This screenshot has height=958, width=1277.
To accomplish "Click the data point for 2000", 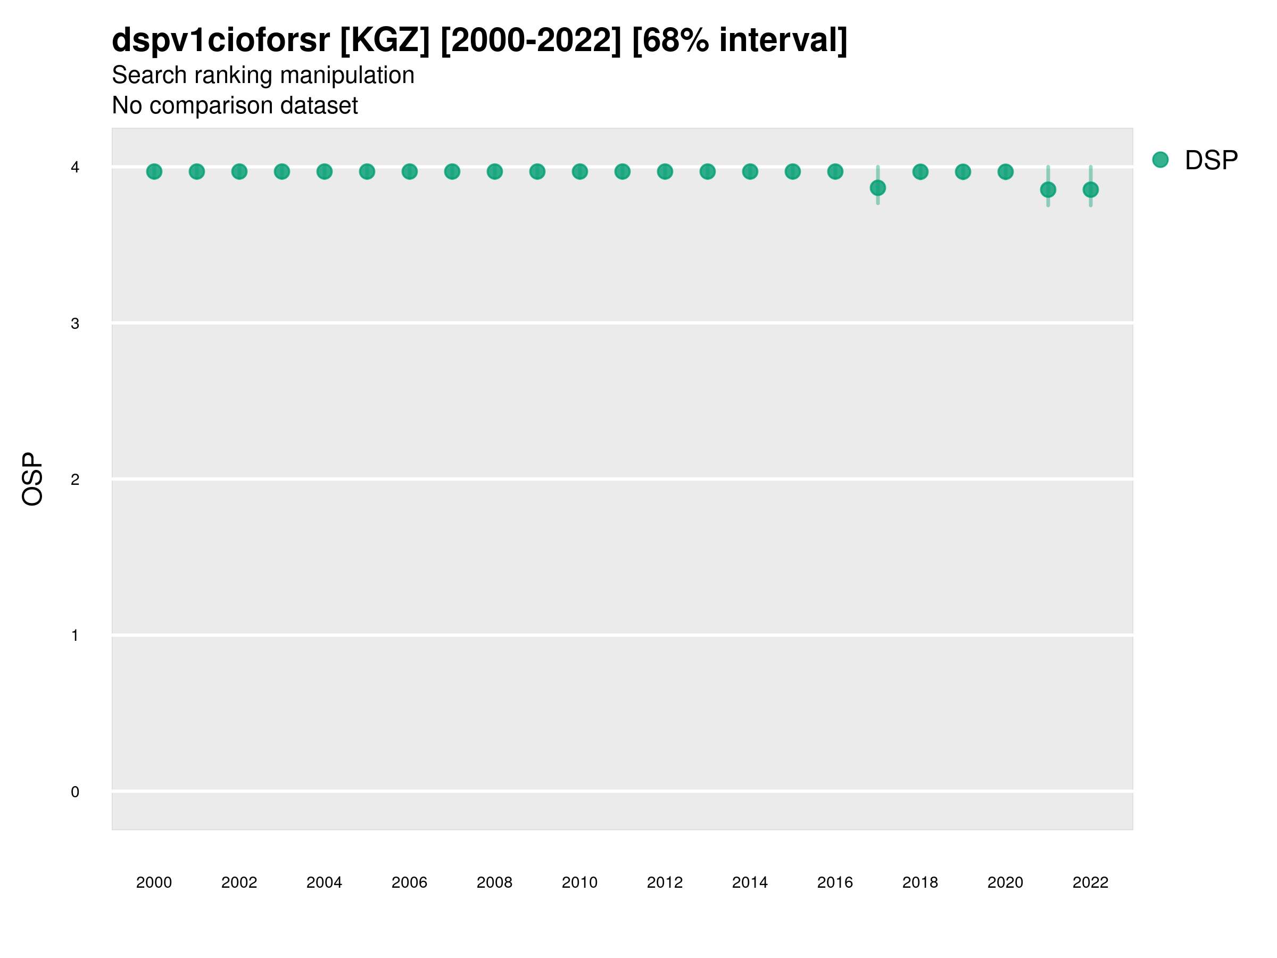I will click(x=154, y=171).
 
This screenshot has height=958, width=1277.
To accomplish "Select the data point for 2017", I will click(x=877, y=188).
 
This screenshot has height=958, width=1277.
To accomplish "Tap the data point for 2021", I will click(x=1048, y=189).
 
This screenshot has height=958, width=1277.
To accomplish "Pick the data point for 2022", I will click(x=1091, y=189).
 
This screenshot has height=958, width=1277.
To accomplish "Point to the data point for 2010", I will click(x=579, y=171).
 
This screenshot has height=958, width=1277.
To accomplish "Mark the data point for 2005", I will click(x=367, y=171).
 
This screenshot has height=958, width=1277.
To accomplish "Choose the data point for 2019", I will click(x=963, y=171).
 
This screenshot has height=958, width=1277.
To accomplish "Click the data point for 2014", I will click(x=750, y=171).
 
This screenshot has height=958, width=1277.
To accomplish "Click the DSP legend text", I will click(x=1211, y=161).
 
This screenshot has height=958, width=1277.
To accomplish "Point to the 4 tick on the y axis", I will click(x=75, y=168).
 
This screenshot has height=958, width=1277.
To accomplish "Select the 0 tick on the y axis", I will click(x=75, y=792).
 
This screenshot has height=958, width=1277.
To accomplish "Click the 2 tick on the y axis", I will click(x=75, y=480).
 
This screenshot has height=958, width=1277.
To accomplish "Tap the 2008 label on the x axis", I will click(x=495, y=882).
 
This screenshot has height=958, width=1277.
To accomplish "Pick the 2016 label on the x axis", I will click(x=835, y=882).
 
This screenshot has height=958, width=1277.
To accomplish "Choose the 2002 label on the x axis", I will click(x=239, y=882).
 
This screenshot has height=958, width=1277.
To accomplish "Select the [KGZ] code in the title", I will click(x=385, y=40).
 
